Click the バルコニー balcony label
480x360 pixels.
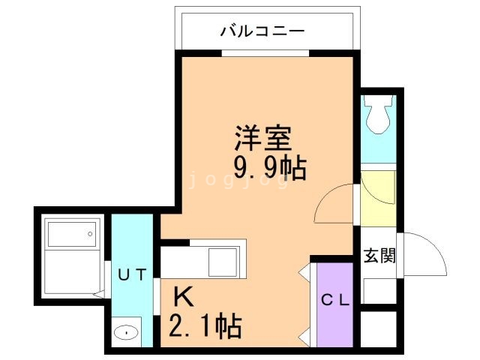pyautogui.click(x=262, y=31)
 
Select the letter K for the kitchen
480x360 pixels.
pyautogui.click(x=184, y=298)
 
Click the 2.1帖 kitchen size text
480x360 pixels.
pyautogui.click(x=203, y=325)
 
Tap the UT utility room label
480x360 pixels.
pyautogui.click(x=132, y=273)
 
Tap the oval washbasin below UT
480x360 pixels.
pyautogui.click(x=127, y=331)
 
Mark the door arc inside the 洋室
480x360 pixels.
pyautogui.click(x=333, y=204)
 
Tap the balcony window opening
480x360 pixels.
pyautogui.click(x=265, y=53)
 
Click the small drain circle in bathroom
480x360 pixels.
pyautogui.click(x=90, y=235)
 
